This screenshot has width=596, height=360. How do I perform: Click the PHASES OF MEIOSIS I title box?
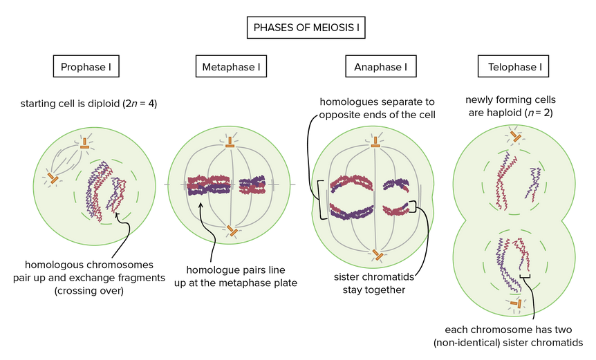click(x=306, y=28)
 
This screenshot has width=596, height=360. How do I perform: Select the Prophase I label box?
click(x=86, y=67)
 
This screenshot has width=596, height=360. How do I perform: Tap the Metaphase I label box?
click(x=230, y=67)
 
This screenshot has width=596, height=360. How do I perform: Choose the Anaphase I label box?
click(x=375, y=67)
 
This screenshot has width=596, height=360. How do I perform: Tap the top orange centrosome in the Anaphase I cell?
click(x=375, y=144)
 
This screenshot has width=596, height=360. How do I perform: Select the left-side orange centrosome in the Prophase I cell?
click(x=52, y=179)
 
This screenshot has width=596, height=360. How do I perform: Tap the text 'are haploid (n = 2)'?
click(x=510, y=111)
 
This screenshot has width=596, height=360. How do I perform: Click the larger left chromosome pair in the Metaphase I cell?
click(x=207, y=184)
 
